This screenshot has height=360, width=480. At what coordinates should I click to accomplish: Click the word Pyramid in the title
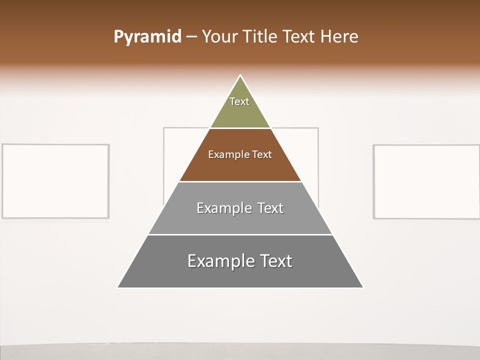pyautogui.click(x=147, y=37)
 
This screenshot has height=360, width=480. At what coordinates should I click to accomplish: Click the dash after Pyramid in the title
pyautogui.click(x=191, y=37)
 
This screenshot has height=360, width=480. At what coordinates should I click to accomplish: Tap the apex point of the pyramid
pyautogui.click(x=240, y=75)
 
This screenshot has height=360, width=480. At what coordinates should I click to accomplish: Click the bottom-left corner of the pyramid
pyautogui.click(x=118, y=287)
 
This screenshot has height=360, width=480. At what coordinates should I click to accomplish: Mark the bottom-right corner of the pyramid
pyautogui.click(x=362, y=287)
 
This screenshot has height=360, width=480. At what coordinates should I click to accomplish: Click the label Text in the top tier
pyautogui.click(x=239, y=101)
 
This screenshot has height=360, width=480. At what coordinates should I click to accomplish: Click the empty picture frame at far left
pyautogui.click(x=55, y=181)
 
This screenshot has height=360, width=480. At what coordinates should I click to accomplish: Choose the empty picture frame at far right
pyautogui.click(x=426, y=181)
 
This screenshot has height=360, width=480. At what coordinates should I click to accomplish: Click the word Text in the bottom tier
pyautogui.click(x=275, y=261)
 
